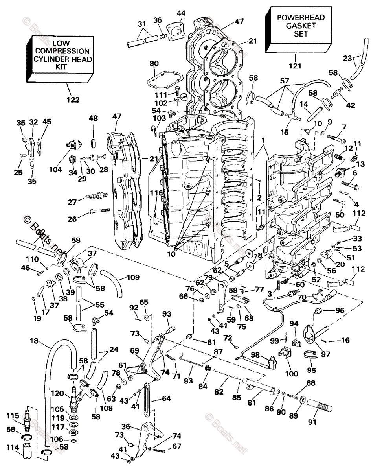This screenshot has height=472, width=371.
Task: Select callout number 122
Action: tap(73, 100)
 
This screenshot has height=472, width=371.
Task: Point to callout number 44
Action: tap(181, 14)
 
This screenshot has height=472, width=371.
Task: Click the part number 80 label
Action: tap(154, 64)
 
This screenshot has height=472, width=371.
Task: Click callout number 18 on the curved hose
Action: tap(34, 341)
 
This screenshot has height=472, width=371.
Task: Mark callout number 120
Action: tap(60, 393)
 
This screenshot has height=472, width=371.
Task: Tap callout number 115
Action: tap(15, 416)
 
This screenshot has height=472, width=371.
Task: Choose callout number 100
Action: tap(291, 374)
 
